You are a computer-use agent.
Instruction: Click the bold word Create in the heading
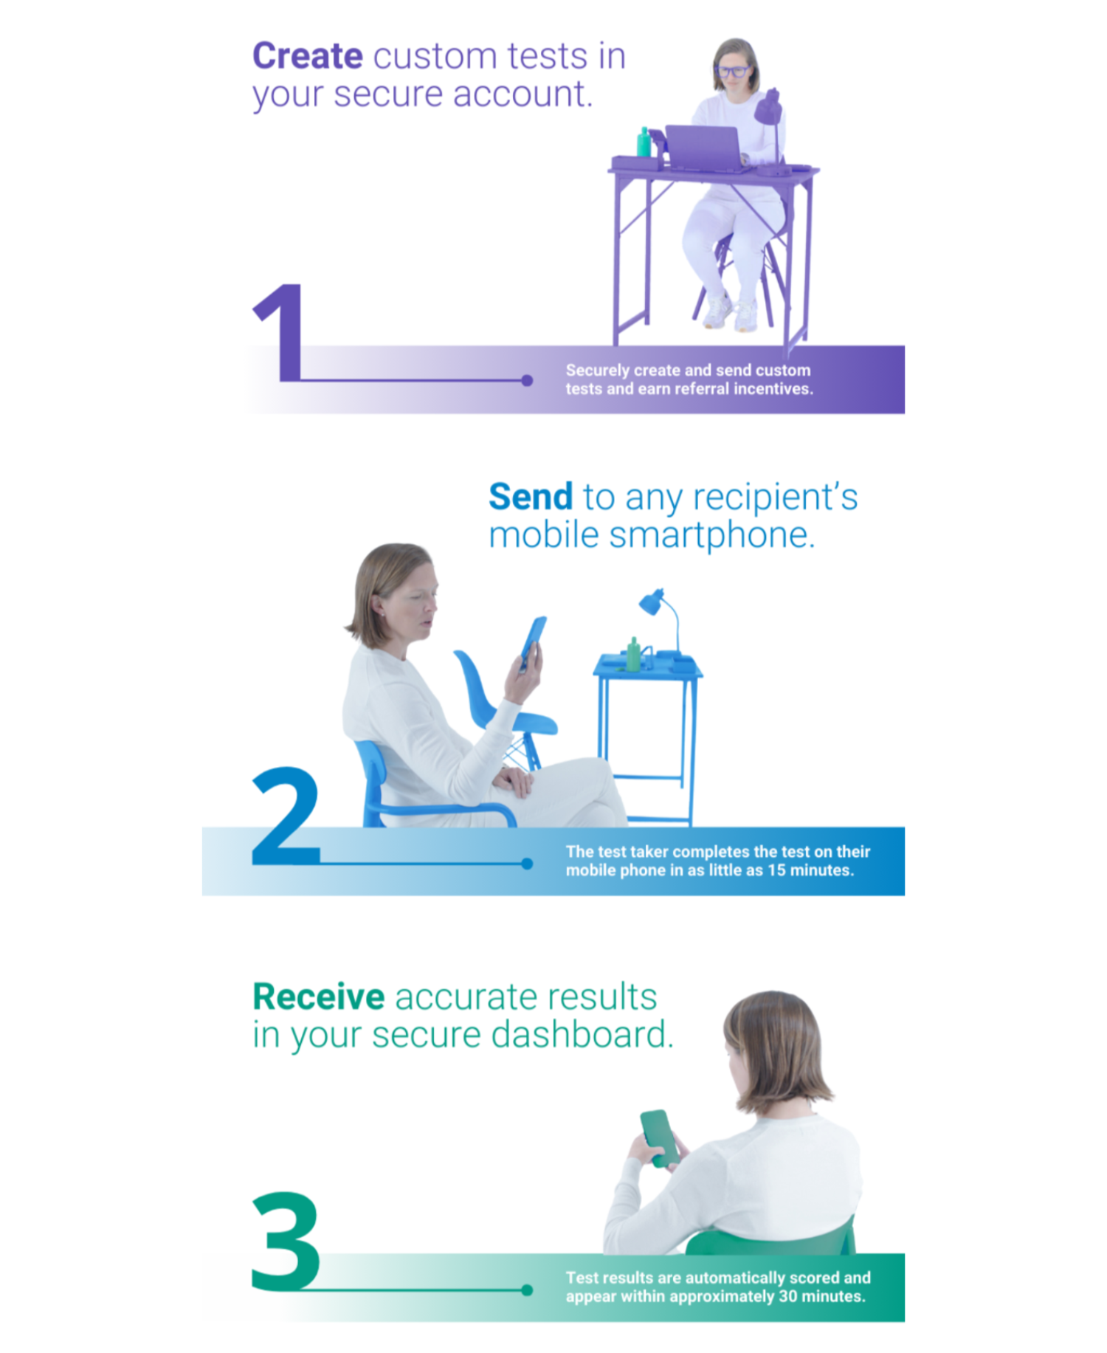[x=308, y=56]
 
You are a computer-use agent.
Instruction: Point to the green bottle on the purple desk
[x=644, y=142]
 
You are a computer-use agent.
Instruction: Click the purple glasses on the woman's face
[x=733, y=72]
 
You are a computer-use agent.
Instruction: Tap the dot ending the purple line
[x=527, y=381]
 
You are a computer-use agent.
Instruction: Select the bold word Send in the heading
[x=531, y=497]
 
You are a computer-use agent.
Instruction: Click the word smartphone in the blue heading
[x=711, y=536]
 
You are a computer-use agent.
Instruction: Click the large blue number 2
[x=286, y=816]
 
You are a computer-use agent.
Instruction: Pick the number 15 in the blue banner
[x=776, y=870]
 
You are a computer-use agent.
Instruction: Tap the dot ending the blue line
[x=527, y=864]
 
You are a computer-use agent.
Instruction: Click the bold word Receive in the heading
[x=319, y=996]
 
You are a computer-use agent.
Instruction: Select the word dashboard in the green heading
[x=582, y=1035]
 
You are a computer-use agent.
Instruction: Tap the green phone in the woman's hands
[x=661, y=1138]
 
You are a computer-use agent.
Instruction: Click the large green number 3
[x=286, y=1240]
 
